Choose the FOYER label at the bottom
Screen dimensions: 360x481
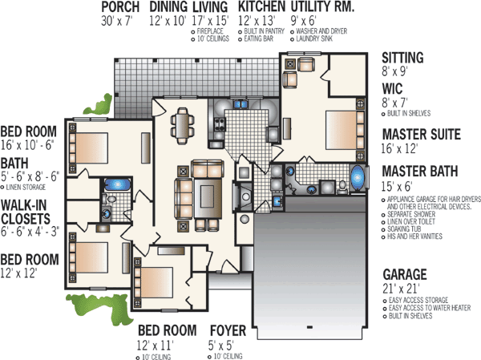tap(228, 330)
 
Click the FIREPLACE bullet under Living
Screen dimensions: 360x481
tap(210, 31)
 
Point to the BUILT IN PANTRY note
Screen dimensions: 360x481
tap(261, 31)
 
